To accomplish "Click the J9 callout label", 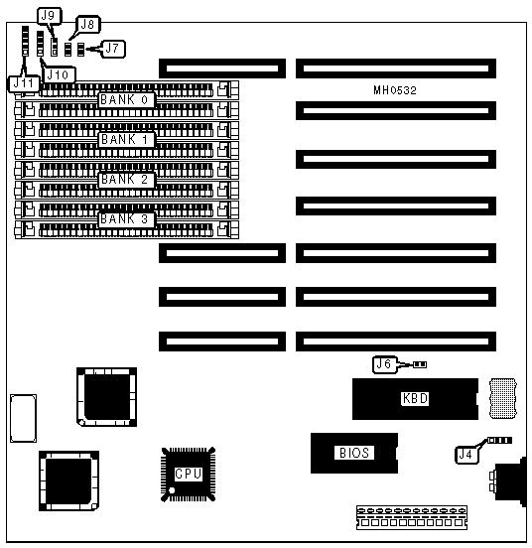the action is (x=49, y=16).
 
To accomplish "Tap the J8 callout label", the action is (x=88, y=24).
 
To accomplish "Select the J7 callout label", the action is (x=112, y=49).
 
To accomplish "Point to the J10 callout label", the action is (x=58, y=74).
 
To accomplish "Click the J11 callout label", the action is (x=24, y=83).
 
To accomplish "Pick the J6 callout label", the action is (x=384, y=364).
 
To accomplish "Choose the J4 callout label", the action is (x=466, y=455).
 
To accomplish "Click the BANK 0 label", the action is (x=125, y=100).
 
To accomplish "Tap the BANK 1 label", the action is (x=125, y=140).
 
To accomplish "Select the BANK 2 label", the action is (x=125, y=180).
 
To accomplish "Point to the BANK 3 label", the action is (x=125, y=219).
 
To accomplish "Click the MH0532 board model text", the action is (x=395, y=90).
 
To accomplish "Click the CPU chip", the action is (x=188, y=474).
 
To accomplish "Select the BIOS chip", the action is (x=354, y=454).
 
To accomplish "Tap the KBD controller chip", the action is (x=415, y=399).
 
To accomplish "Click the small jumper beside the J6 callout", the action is (x=420, y=365).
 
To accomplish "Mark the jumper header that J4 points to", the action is (x=500, y=441).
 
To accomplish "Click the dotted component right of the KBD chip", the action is (x=503, y=398).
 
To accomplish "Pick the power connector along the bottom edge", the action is (x=412, y=517).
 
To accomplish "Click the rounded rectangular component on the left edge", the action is (x=24, y=418).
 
